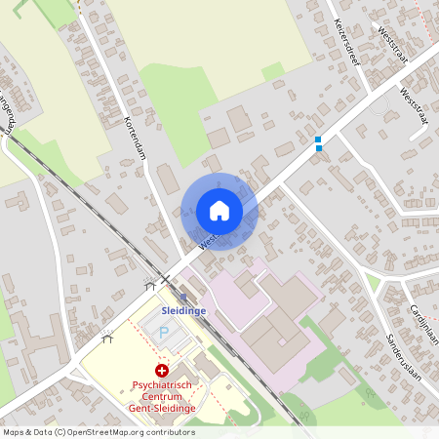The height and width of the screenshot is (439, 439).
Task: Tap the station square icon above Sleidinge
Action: pos(184,296)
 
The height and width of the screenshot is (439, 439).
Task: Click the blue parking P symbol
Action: pos(164,333)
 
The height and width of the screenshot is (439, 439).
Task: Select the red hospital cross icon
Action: pos(161,371)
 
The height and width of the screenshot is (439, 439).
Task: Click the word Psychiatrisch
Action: pos(164,385)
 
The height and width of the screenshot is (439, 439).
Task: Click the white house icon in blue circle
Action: pos(219,211)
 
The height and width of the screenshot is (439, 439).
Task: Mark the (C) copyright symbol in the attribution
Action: pos(60,431)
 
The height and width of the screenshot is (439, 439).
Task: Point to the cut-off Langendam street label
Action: pos(8,113)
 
